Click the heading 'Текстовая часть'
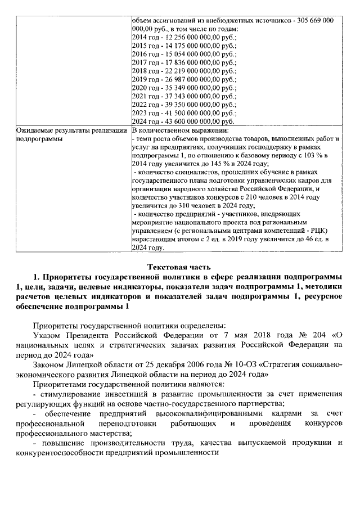pos(179,266)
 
